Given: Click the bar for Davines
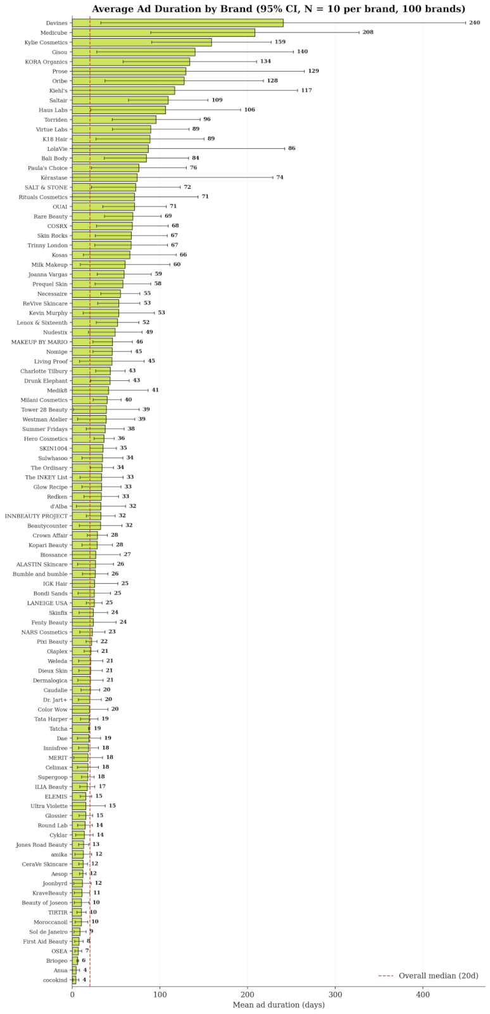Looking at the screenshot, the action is coord(178,23).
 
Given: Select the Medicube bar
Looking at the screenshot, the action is coord(163,32).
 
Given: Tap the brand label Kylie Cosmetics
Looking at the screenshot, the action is coord(46,42).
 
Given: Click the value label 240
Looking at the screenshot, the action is coord(474,23).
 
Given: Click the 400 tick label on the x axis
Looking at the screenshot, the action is coord(423,994).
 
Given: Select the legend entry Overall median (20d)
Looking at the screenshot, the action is coord(428,976).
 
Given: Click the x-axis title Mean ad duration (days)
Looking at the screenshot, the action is coord(279,1005).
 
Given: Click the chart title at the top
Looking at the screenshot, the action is coord(279,9).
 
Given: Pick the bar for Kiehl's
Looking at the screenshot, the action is coord(123,91).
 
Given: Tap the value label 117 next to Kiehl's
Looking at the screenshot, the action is coord(306,91).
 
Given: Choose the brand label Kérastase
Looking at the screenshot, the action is coord(54,178).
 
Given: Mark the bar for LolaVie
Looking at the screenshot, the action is coord(110,148).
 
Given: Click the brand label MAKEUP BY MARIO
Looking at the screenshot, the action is coord(39,342).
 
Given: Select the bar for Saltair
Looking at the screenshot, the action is coord(120,100).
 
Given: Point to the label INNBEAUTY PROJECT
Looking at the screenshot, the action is coord(36,516).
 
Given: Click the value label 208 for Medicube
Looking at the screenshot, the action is coord(368,32).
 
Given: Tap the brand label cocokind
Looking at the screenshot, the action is coord(56,980).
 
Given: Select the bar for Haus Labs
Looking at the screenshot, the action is coord(119,110).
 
